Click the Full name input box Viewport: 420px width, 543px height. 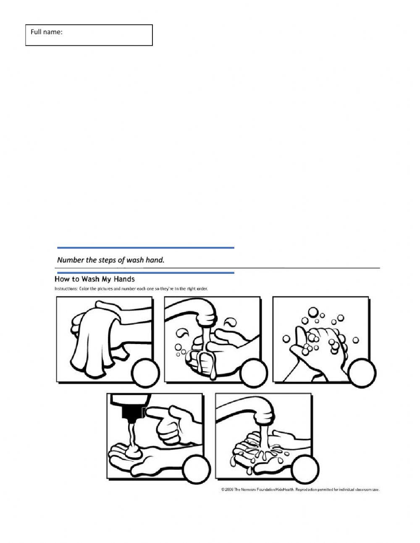[89, 35]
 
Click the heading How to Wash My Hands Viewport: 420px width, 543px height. [94, 279]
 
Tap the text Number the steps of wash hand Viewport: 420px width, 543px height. [110, 260]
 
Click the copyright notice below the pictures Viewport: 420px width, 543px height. [300, 490]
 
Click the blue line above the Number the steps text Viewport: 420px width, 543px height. [145, 248]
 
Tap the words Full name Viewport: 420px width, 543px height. [46, 32]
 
